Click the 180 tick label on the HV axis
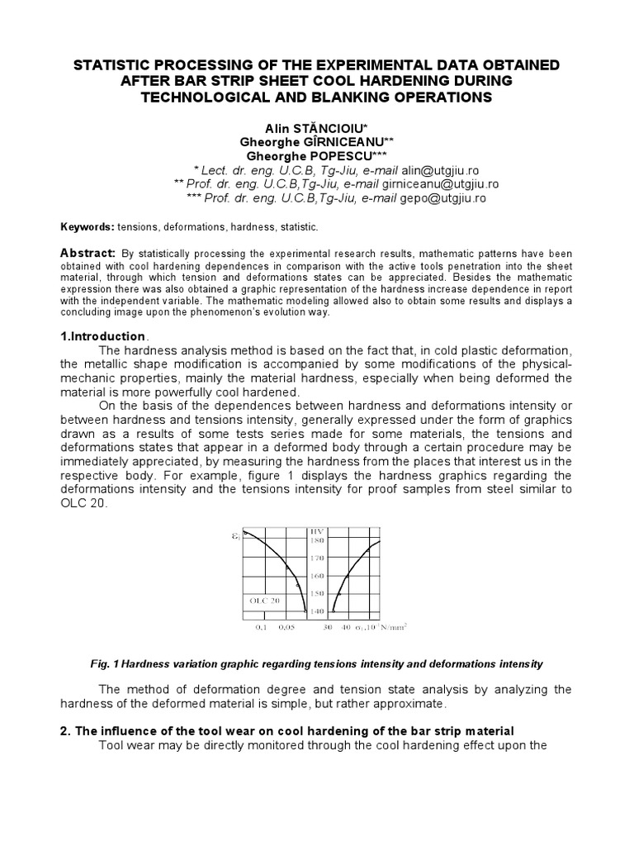pos(317,540)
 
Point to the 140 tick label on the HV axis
pos(317,611)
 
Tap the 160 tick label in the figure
pos(317,576)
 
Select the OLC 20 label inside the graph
pos(264,601)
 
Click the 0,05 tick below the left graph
pos(286,627)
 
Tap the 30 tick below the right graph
pos(328,627)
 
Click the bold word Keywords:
pos(88,226)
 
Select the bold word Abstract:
pos(88,252)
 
